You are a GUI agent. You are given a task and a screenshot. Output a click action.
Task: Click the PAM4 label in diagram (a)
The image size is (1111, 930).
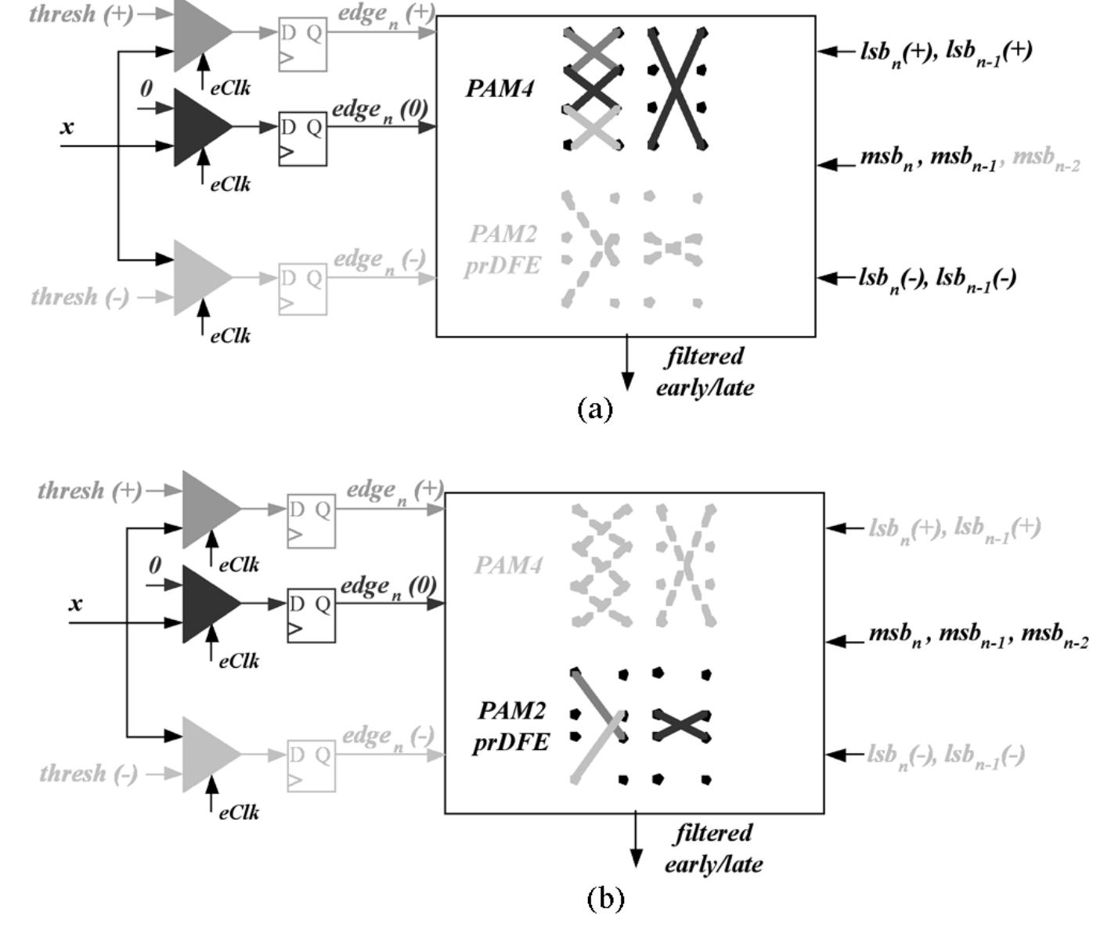point(500,88)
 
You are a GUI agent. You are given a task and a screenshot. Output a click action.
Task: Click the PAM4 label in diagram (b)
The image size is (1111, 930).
point(508,564)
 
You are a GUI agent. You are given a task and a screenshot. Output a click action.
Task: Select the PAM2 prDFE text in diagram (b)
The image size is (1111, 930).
point(510,726)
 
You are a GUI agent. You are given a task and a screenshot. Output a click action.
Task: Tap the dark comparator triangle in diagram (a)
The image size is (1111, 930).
point(200,127)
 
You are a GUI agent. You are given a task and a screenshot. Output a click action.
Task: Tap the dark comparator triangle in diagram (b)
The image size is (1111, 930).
point(208,604)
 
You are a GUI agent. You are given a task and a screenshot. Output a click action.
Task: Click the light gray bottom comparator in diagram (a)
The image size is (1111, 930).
point(200,278)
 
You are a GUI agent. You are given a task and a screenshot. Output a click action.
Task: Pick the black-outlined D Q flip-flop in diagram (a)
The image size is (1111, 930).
point(302,139)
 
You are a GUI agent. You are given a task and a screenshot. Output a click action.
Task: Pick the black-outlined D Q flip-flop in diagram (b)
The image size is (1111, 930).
point(311,615)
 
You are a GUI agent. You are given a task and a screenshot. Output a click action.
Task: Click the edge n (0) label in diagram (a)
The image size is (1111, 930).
point(380,110)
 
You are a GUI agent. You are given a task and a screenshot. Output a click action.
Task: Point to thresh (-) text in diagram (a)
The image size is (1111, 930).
point(80,297)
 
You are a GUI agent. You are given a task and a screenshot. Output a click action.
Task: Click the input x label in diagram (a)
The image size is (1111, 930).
point(67,127)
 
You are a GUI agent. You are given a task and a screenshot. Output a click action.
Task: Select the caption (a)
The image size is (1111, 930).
point(594,408)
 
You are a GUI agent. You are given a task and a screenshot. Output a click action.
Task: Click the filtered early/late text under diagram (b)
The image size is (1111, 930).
point(712,849)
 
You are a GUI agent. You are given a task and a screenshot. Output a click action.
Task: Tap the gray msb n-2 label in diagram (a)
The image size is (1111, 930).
point(1046,159)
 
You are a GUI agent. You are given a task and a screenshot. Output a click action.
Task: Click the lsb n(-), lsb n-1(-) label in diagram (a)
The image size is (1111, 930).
point(937,278)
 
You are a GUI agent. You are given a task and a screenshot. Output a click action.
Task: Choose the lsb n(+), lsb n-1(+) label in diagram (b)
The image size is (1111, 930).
point(954,528)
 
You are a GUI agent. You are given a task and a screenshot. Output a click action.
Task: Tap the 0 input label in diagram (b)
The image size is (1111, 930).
point(155,565)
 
